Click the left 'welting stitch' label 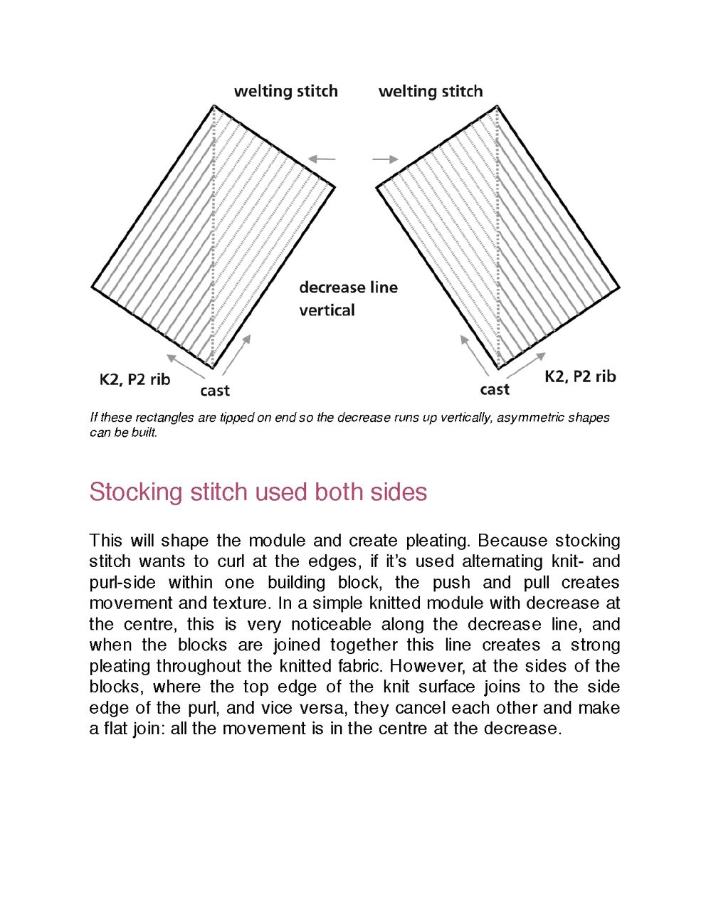pos(285,91)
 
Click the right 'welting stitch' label pos(431,91)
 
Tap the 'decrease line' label pos(348,287)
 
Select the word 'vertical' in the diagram pos(327,310)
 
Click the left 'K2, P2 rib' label pos(135,379)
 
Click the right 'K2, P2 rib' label pos(580,376)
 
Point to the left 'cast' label pos(215,391)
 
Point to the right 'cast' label pos(495,389)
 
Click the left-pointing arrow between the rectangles pos(322,159)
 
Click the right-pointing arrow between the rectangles pos(385,159)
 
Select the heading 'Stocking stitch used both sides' pos(258,492)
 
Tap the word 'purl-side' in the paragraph pos(122,583)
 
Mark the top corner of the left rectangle pos(214,106)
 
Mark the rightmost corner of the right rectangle pos(619,288)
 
